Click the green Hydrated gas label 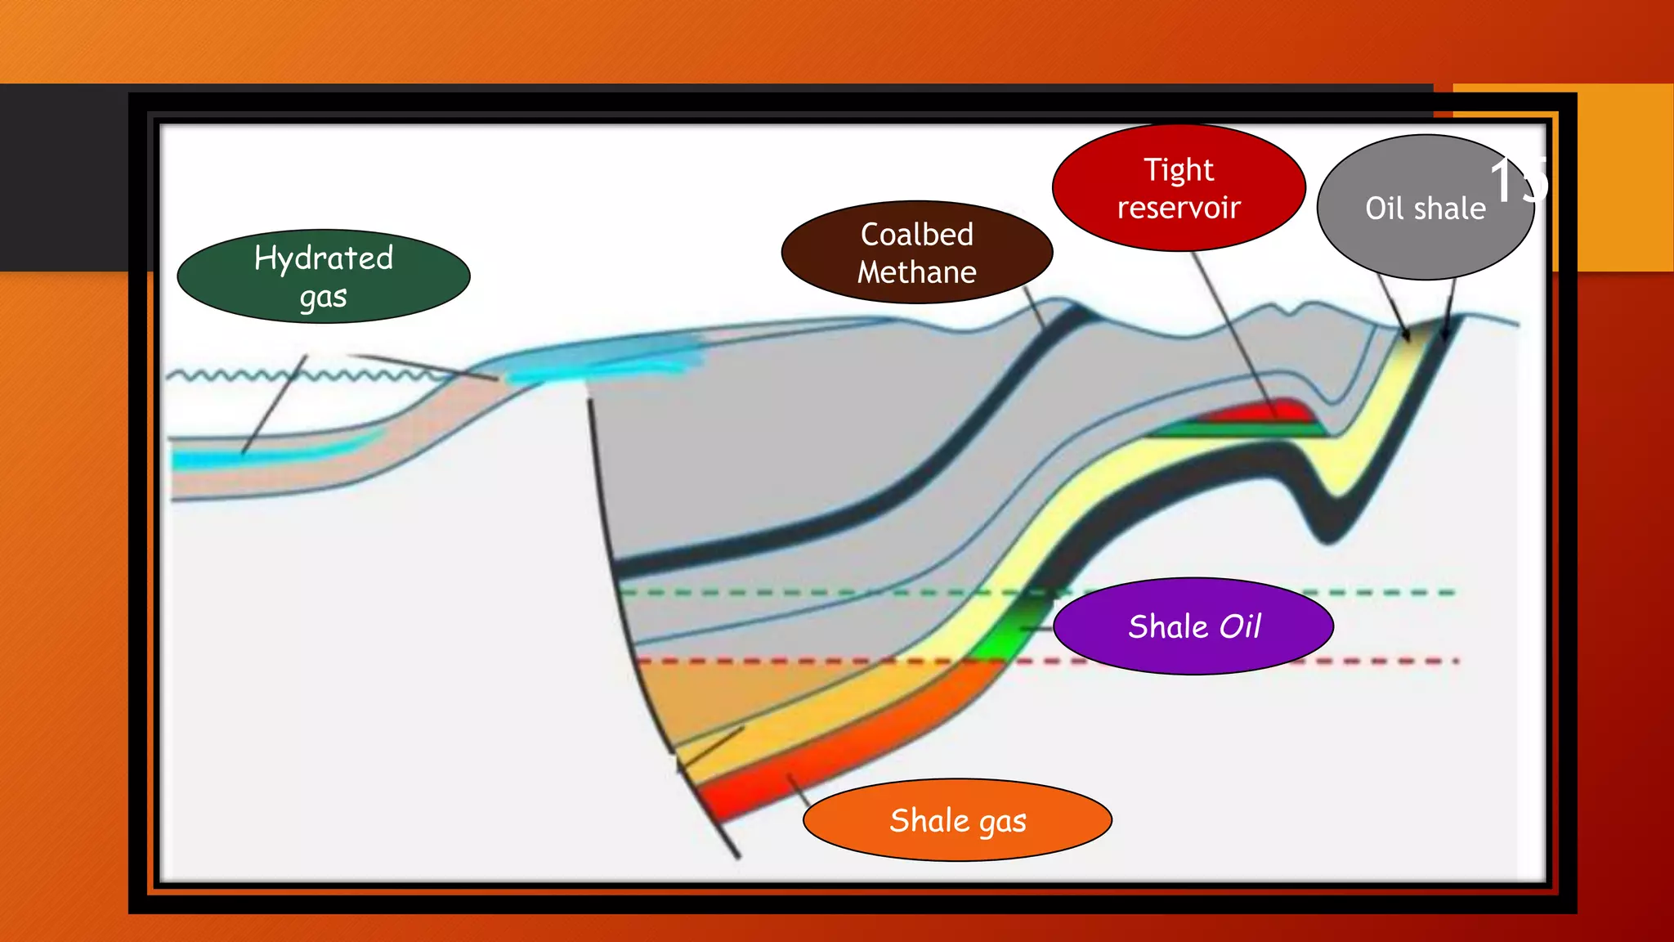(323, 276)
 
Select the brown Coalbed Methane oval (916, 253)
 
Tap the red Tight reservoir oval (1179, 188)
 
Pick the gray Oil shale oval (1425, 208)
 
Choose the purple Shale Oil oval (1193, 626)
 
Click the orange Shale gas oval (957, 820)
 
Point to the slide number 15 (1518, 180)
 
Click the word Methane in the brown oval (916, 272)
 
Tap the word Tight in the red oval (1178, 170)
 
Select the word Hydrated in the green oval (324, 258)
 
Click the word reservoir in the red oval (1179, 208)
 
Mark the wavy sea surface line (245, 376)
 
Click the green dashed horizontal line (817, 592)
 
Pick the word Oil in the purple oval (1240, 626)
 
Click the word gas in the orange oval (1002, 822)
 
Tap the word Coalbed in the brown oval (916, 235)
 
